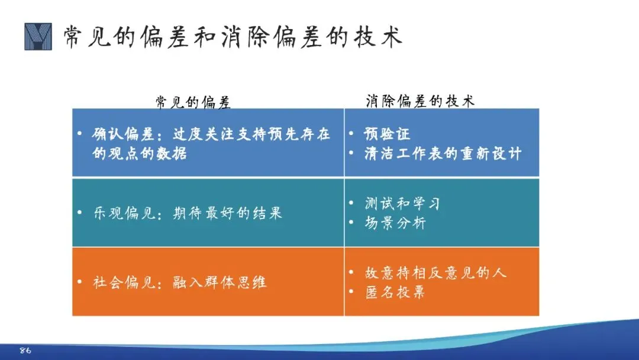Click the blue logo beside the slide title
[x=38, y=37]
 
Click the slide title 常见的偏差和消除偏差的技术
[x=233, y=37]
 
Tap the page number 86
[x=25, y=350]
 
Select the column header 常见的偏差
[x=193, y=102]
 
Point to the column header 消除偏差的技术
[x=420, y=101]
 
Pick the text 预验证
[x=387, y=134]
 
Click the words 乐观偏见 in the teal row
[x=124, y=213]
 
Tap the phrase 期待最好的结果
[x=227, y=213]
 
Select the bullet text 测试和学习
[x=402, y=203]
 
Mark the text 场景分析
[x=395, y=223]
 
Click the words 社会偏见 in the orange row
[x=124, y=282]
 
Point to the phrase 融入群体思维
[x=220, y=282]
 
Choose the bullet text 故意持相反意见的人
[x=435, y=272]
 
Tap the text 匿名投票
[x=395, y=292]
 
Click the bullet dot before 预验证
[x=351, y=133]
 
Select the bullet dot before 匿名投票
[x=351, y=291]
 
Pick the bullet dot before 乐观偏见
[x=79, y=212]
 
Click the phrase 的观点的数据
[x=140, y=154]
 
